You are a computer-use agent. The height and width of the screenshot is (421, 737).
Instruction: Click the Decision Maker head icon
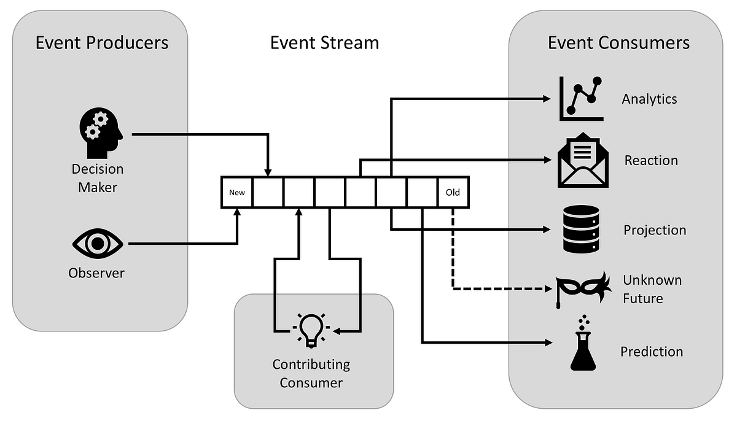(x=101, y=133)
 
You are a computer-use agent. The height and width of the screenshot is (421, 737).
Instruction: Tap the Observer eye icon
(x=97, y=244)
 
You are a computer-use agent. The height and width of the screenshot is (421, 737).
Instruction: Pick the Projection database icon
(x=580, y=230)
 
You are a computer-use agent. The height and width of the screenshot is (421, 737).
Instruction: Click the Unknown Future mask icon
(x=582, y=287)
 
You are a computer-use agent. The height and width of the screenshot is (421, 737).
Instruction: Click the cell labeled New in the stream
(x=237, y=193)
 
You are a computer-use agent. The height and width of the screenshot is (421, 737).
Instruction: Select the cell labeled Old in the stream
(x=453, y=193)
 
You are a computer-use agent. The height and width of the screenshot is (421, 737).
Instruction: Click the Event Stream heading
(x=324, y=42)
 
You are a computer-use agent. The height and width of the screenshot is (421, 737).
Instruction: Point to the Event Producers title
(x=102, y=42)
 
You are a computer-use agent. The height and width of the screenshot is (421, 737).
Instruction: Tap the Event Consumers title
(x=618, y=42)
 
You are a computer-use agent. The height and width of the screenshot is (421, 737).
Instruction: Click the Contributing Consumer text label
(x=311, y=373)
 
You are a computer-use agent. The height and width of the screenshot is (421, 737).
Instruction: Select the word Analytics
(x=649, y=99)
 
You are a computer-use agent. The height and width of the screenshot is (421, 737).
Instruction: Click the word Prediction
(x=651, y=352)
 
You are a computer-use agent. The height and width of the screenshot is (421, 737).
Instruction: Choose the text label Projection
(x=655, y=230)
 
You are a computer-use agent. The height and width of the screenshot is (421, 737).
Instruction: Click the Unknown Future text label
(x=652, y=289)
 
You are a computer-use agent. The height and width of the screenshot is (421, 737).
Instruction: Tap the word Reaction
(x=651, y=161)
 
